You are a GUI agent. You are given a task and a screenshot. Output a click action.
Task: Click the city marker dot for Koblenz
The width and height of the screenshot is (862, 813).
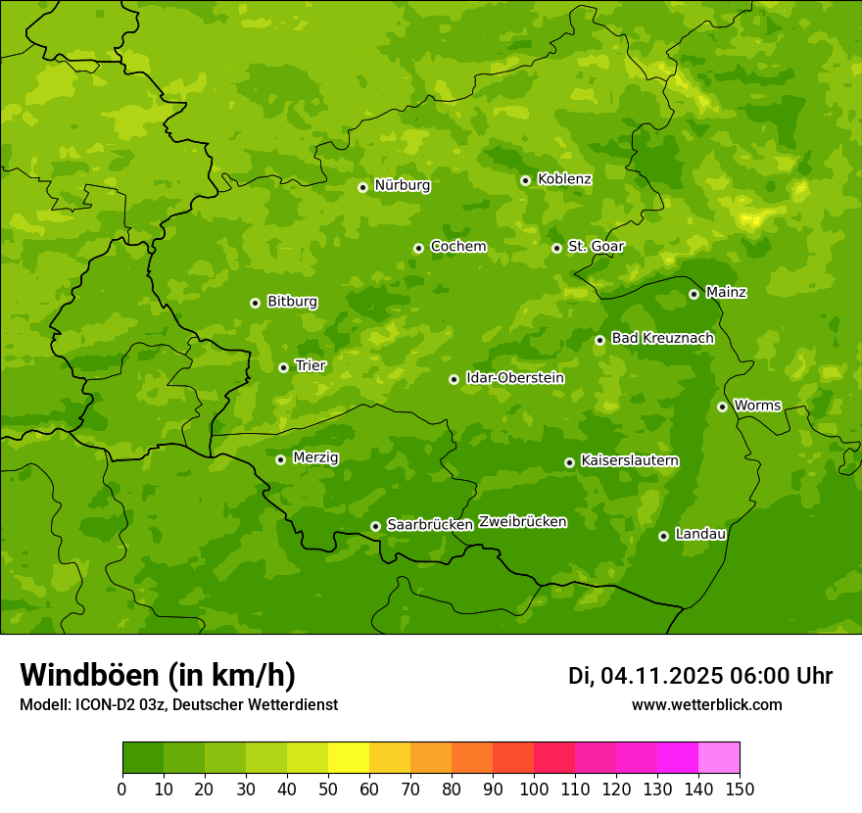pos(525,180)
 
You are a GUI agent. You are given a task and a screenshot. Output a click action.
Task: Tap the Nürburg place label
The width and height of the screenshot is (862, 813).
pos(402,185)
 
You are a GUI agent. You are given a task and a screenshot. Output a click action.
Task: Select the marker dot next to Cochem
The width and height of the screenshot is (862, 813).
pos(418,248)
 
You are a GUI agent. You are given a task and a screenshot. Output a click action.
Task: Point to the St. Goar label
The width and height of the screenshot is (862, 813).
pos(596,246)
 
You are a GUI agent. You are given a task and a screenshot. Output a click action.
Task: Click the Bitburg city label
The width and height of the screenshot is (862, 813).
pos(292,301)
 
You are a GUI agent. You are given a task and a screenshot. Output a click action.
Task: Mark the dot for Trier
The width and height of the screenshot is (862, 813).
pos(283,367)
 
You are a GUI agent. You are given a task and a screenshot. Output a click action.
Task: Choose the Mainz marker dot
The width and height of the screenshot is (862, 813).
pos(694,294)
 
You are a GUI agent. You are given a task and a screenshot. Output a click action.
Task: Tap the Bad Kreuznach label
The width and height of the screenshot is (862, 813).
pos(662,338)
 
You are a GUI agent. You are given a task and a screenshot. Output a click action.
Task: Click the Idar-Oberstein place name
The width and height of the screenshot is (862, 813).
pos(515,377)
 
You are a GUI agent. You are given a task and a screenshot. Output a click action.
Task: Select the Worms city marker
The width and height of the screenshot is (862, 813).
pos(722,406)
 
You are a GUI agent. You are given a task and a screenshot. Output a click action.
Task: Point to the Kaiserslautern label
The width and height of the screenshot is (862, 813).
pos(630,460)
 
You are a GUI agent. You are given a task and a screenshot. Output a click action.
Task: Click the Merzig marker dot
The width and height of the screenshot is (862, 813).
pos(280,459)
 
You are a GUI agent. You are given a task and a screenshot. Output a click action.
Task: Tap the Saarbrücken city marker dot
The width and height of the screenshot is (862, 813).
pos(375,526)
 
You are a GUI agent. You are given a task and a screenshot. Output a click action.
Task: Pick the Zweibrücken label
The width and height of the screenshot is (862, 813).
pos(522,522)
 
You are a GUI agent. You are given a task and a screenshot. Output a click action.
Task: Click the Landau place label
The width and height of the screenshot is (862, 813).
pos(700,534)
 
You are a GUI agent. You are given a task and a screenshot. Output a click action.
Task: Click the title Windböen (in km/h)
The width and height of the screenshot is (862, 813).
pos(158,675)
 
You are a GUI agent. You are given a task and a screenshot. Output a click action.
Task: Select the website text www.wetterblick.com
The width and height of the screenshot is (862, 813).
pos(706,705)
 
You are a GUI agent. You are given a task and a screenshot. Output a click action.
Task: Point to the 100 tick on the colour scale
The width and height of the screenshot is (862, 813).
pos(534,789)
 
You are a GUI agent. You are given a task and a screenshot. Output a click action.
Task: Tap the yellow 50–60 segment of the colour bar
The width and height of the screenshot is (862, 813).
pos(349,758)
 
